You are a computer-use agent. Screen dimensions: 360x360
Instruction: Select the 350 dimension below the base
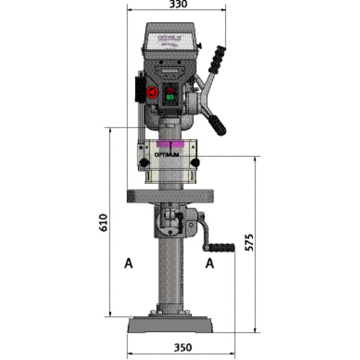tap(181, 347)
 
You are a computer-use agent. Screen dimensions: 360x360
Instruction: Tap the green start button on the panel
tap(169, 97)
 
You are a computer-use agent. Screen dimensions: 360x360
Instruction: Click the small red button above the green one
tap(169, 90)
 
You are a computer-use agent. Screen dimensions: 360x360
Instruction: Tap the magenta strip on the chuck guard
tap(169, 145)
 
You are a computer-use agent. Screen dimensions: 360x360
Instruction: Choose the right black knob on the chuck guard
tap(194, 163)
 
